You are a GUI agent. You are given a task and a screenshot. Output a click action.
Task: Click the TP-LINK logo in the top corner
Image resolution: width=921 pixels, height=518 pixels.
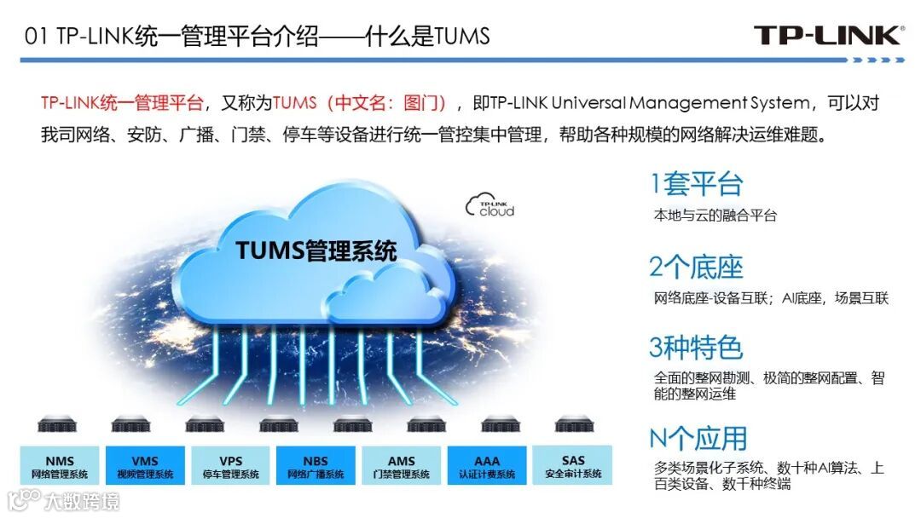tap(826, 35)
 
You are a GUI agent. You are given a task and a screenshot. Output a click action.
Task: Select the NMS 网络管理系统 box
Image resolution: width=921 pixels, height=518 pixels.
tap(60, 467)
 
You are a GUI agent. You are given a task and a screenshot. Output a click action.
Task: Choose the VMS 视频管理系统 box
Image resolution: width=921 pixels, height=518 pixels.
tap(145, 467)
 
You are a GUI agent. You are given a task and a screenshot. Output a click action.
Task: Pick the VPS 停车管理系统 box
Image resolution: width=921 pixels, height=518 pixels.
tap(230, 467)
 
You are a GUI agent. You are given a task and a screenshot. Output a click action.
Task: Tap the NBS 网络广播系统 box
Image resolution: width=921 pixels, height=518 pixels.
tap(316, 467)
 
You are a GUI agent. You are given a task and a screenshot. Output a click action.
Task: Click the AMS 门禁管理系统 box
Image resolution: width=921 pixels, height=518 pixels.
tap(401, 467)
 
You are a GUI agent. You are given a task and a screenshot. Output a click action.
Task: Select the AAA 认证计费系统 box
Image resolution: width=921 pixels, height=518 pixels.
tap(487, 467)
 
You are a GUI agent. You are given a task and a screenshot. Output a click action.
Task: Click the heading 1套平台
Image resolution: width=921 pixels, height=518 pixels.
tap(696, 184)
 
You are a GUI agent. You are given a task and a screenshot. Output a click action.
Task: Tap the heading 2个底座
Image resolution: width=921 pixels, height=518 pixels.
tap(696, 267)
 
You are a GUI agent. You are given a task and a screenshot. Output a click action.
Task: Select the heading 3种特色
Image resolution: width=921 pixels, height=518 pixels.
tap(696, 348)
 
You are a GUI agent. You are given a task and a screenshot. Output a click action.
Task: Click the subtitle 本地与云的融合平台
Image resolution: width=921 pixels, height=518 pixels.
tap(715, 216)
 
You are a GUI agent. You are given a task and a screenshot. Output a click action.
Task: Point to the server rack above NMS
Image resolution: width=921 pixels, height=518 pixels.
tap(57, 423)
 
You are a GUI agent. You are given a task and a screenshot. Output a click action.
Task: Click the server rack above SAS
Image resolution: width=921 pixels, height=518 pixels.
tap(573, 423)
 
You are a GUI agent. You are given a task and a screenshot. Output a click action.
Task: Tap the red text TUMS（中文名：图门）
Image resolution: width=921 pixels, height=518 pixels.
tap(360, 104)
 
